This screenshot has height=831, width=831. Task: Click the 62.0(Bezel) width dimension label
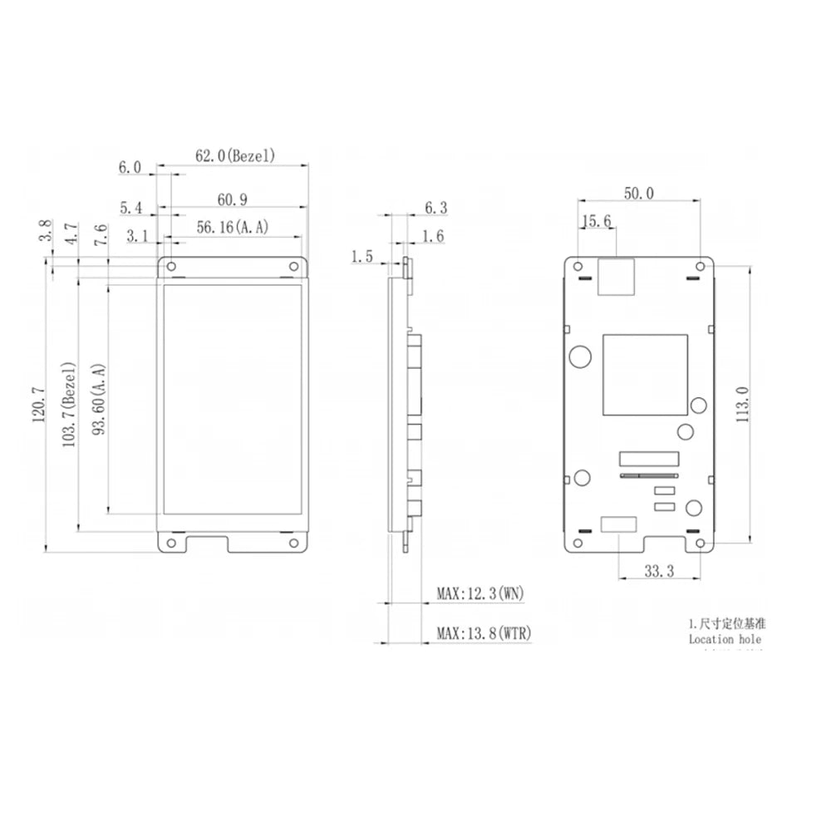coord(235,155)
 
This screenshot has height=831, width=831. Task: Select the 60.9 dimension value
coord(234,199)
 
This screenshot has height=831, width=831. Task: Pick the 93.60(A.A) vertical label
coord(99,403)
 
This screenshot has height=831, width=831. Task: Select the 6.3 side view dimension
coord(435,208)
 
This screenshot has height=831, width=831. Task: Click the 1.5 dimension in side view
coord(361,257)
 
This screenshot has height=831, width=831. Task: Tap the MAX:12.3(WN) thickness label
coord(480,593)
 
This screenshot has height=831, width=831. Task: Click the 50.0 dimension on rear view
coord(639,193)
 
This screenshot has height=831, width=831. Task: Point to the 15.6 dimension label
coord(597,221)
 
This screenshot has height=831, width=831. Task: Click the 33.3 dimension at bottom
coord(659,570)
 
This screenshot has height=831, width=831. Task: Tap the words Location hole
coord(724,639)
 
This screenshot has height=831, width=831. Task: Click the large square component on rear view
coord(645,375)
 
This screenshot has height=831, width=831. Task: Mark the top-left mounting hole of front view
coord(172,267)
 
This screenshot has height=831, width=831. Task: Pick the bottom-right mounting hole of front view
coord(294,543)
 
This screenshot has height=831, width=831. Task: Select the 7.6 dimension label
coord(101,234)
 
